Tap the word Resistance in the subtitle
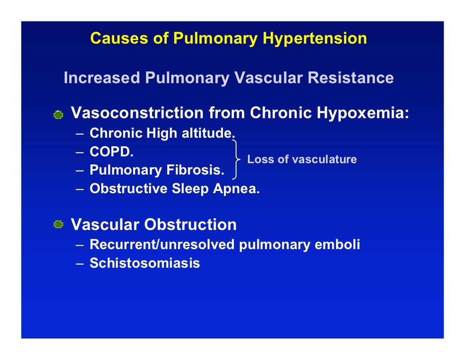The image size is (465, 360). click(x=351, y=78)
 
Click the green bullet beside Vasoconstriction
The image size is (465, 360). click(x=58, y=115)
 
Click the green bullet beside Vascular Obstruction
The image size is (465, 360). click(x=58, y=225)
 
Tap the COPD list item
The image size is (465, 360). click(x=112, y=152)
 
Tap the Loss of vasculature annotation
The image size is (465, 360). click(x=302, y=160)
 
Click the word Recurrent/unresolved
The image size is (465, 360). click(x=162, y=245)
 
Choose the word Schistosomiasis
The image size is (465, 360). click(x=145, y=263)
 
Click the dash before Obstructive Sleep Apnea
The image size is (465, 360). click(x=79, y=189)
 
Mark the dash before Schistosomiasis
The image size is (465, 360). click(x=79, y=264)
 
